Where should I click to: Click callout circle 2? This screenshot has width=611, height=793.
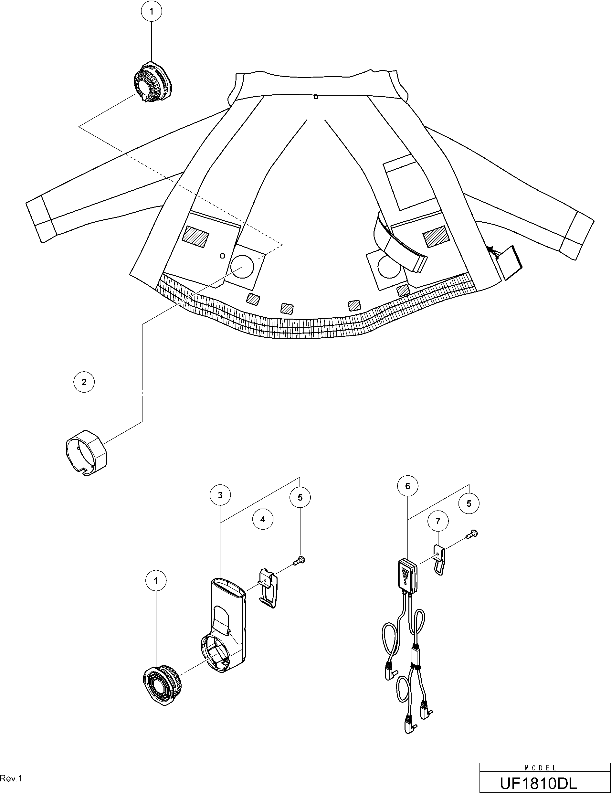tap(84, 382)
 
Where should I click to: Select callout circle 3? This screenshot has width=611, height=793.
tap(220, 495)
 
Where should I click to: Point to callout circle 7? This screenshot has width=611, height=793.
tap(438, 521)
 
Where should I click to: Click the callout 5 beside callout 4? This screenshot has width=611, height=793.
tap(300, 497)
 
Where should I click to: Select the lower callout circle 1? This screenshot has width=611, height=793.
tap(156, 581)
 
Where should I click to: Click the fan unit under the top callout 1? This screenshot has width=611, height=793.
tap(153, 83)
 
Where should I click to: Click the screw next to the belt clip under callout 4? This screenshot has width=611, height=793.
tap(300, 560)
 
